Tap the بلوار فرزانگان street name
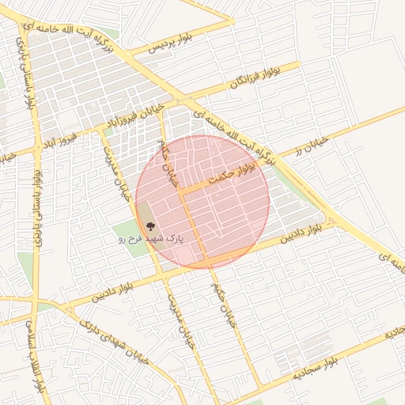pos(256,76)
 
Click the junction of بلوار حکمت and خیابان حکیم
pos(180,191)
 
